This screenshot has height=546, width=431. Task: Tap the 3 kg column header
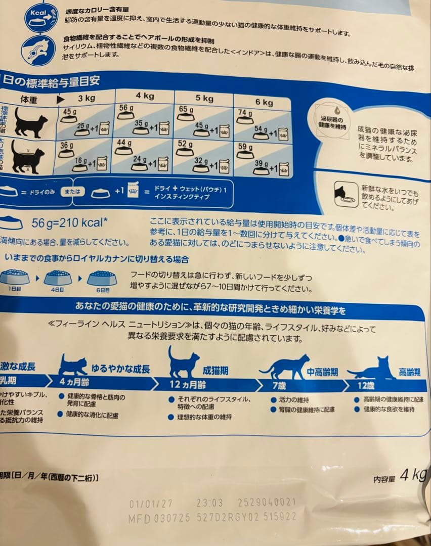click(x=87, y=98)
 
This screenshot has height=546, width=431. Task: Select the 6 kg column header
click(x=264, y=102)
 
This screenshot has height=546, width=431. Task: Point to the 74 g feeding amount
click(x=245, y=113)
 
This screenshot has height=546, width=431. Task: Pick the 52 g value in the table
click(x=185, y=144)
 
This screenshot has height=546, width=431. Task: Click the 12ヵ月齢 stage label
click(x=187, y=385)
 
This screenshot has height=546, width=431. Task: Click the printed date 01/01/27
click(x=151, y=504)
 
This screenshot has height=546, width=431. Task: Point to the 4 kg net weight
click(x=413, y=475)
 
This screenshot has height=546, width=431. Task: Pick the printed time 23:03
click(x=209, y=503)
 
